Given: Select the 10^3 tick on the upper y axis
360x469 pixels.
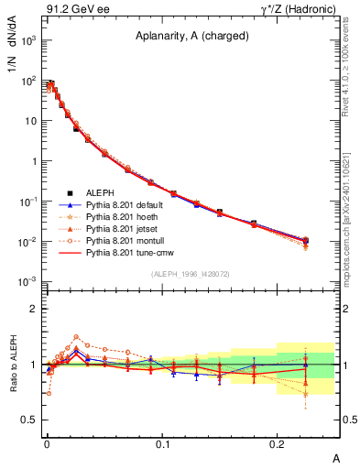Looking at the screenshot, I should pyautogui.click(x=30, y=40).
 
